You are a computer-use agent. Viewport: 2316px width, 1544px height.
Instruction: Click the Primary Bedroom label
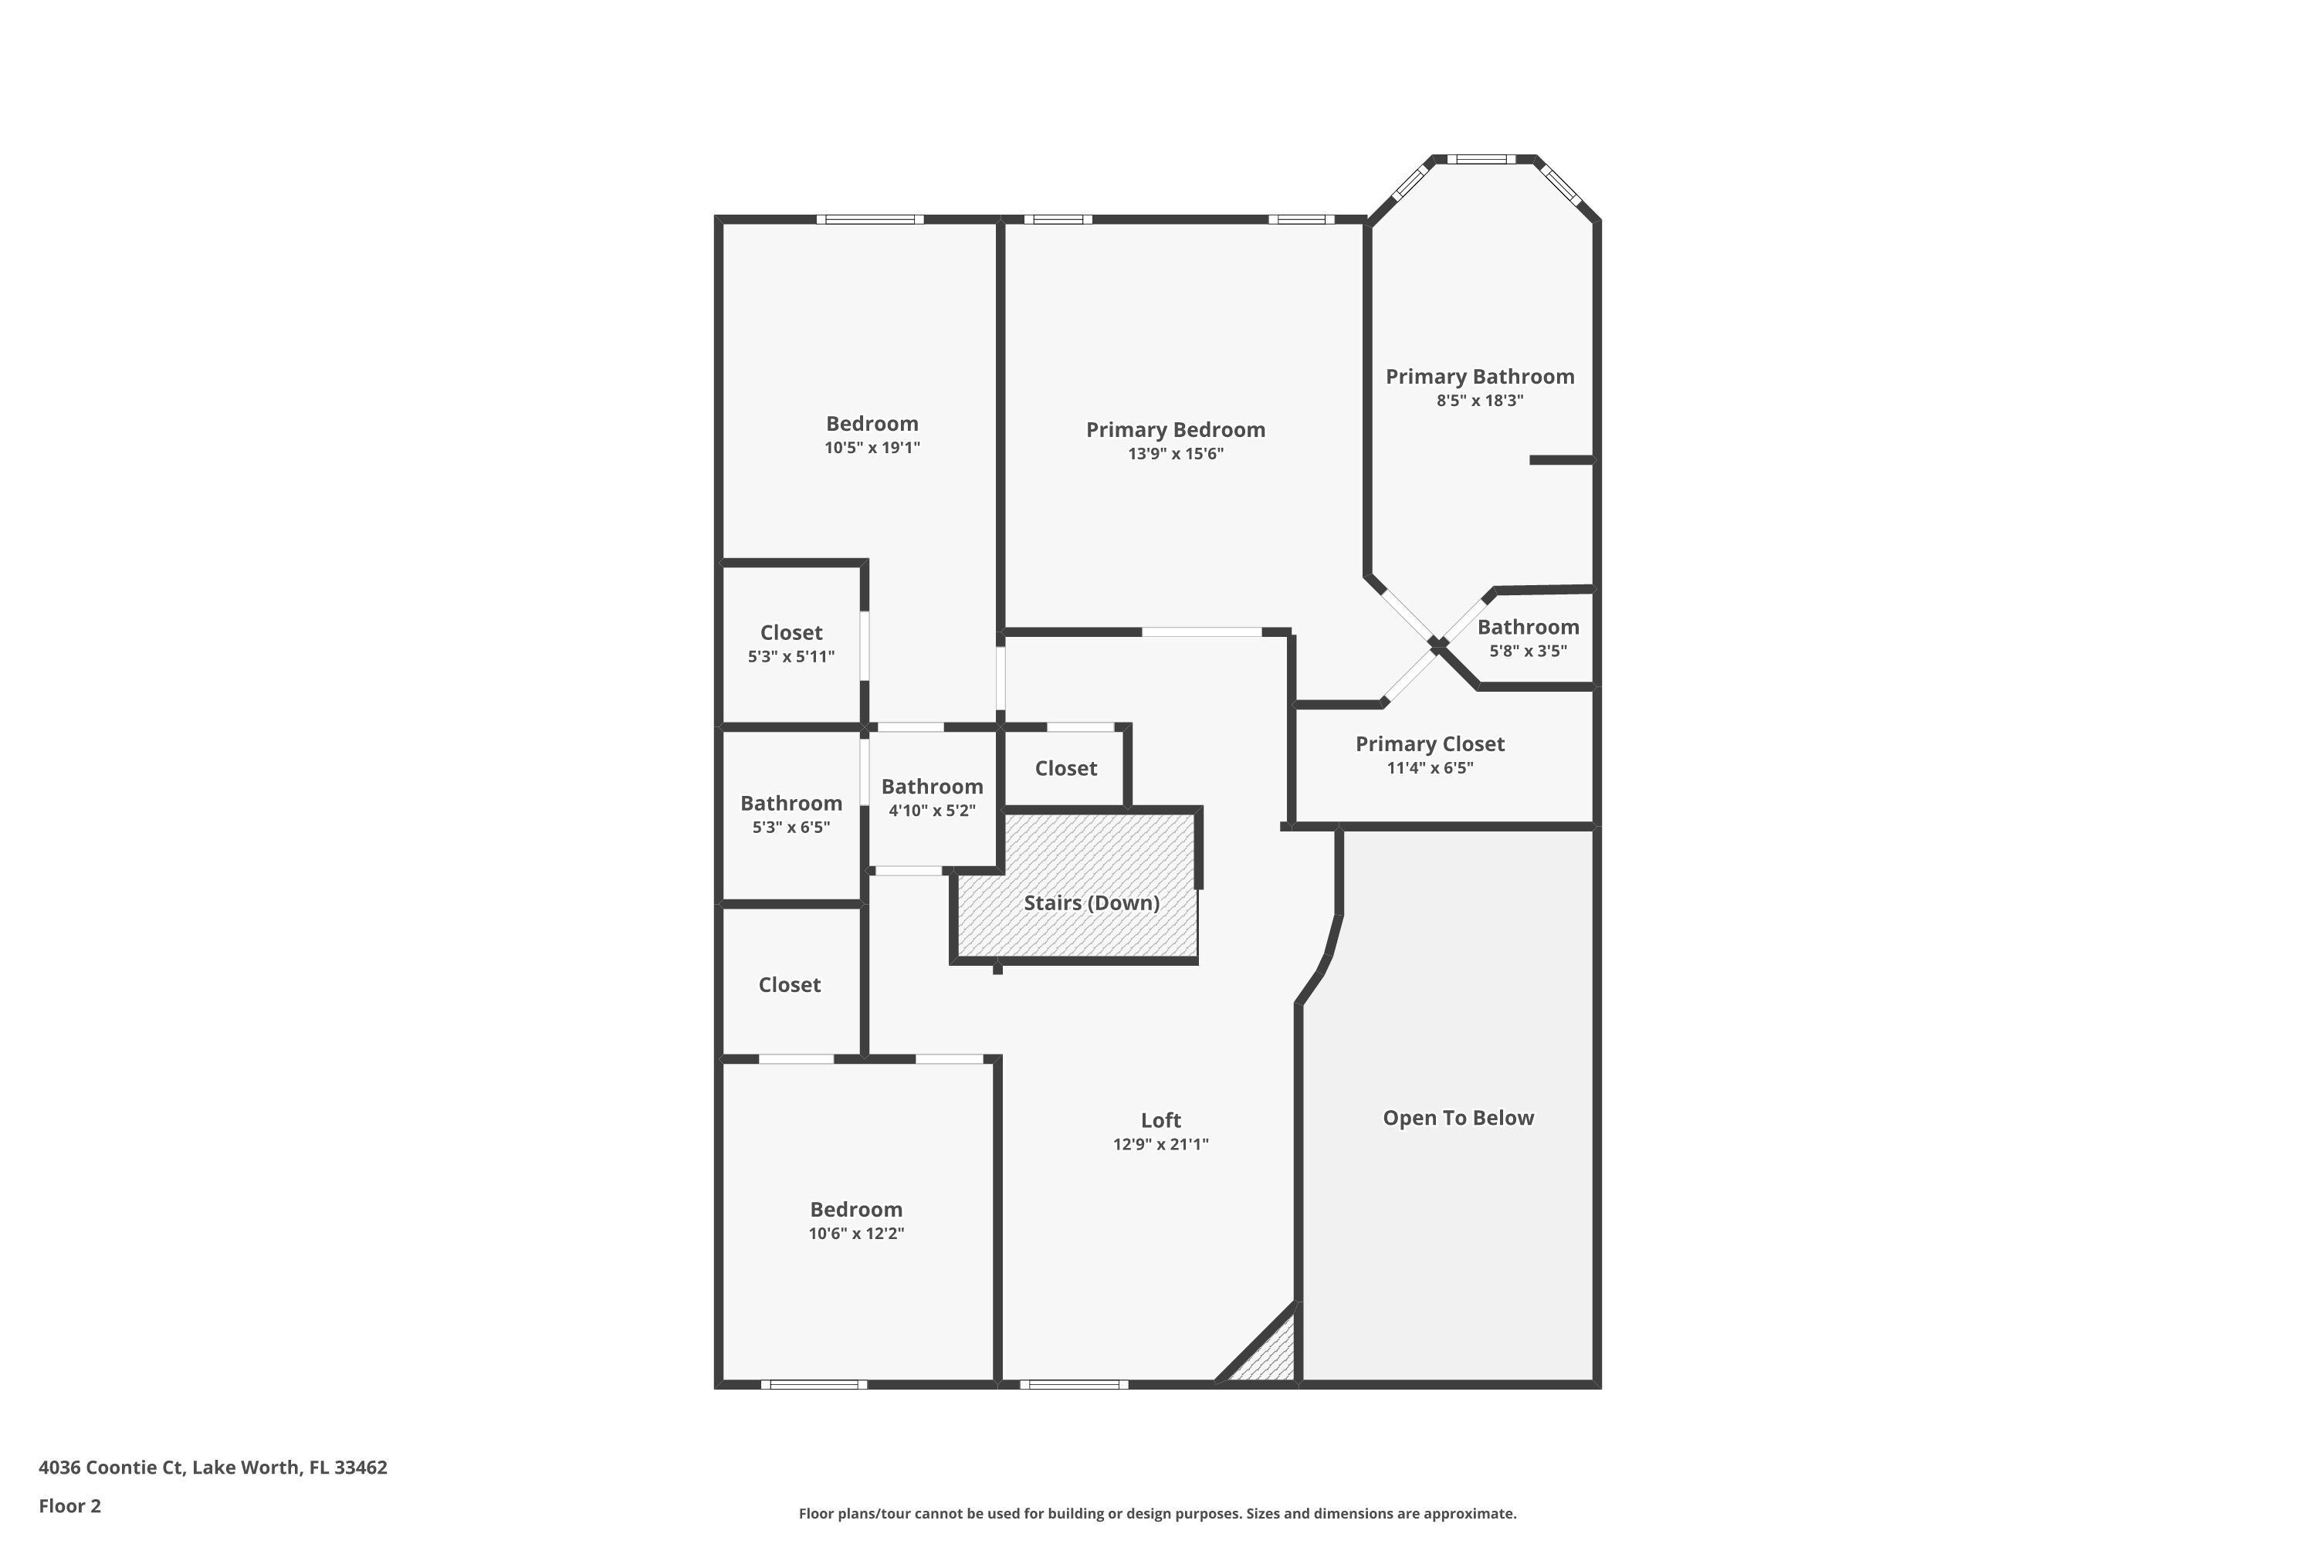pos(1175,429)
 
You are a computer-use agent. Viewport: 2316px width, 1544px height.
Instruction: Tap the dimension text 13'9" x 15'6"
pos(1175,454)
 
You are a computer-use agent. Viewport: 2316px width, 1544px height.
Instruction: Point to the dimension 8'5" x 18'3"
pos(1479,401)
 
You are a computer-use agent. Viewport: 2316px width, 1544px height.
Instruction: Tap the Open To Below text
pos(1458,1118)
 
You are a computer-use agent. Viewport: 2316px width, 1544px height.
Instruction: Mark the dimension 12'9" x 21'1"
pos(1160,1144)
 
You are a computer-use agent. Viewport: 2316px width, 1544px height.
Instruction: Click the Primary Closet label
pos(1429,743)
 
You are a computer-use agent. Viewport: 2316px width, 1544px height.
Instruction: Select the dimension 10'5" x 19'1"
pos(872,448)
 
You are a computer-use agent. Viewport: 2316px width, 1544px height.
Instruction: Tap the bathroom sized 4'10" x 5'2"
pos(932,787)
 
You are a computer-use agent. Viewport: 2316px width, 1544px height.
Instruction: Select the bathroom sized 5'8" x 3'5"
pos(1527,627)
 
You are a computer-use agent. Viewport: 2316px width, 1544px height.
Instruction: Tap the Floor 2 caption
pos(70,1505)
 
